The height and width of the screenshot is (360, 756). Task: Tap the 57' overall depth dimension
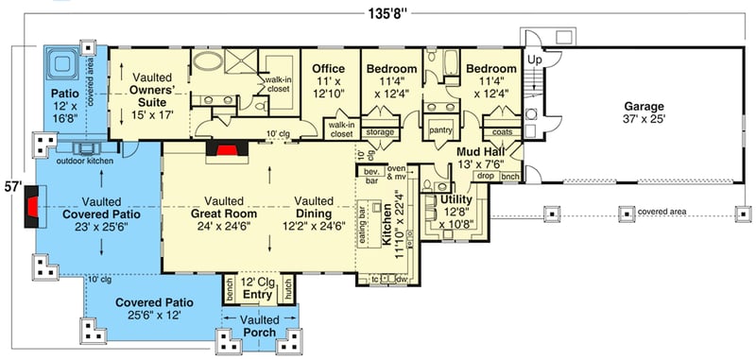point(10,185)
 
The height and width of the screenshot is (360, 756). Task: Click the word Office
point(330,69)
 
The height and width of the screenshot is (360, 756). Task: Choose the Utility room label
point(456,199)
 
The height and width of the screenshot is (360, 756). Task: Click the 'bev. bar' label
point(369,174)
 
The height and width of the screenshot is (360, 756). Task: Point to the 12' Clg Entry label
point(257,289)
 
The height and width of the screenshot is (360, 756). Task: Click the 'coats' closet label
point(503,132)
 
